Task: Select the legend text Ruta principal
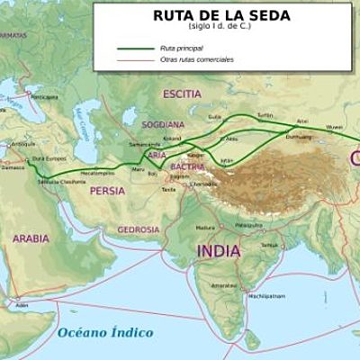tap(180, 48)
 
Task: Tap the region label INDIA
tap(219, 249)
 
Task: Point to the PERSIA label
tap(107, 190)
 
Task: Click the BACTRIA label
tap(187, 166)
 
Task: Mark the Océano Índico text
tap(105, 332)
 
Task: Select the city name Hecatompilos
tap(96, 171)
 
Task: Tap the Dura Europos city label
tap(50, 159)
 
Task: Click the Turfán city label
tap(264, 116)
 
